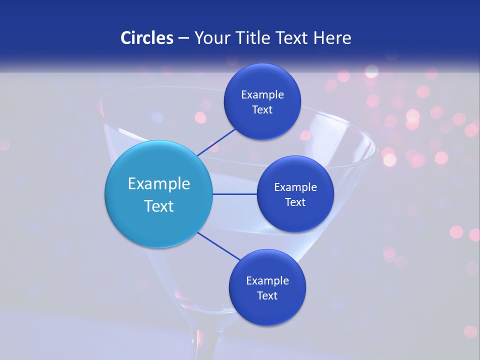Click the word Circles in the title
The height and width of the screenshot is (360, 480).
[x=146, y=38]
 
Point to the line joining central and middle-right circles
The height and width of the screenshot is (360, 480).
[x=235, y=194]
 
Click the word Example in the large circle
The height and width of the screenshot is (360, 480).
[x=159, y=184]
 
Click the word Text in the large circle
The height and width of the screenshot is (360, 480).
[x=159, y=206]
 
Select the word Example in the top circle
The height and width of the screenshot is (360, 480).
[x=262, y=95]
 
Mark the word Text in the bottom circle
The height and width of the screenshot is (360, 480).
[x=267, y=295]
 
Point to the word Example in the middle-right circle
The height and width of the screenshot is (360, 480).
[x=295, y=187]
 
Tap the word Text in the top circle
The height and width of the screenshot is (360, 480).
[x=262, y=110]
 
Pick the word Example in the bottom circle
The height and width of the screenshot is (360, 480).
[x=267, y=280]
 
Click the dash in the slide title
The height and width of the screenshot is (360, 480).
[x=183, y=38]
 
